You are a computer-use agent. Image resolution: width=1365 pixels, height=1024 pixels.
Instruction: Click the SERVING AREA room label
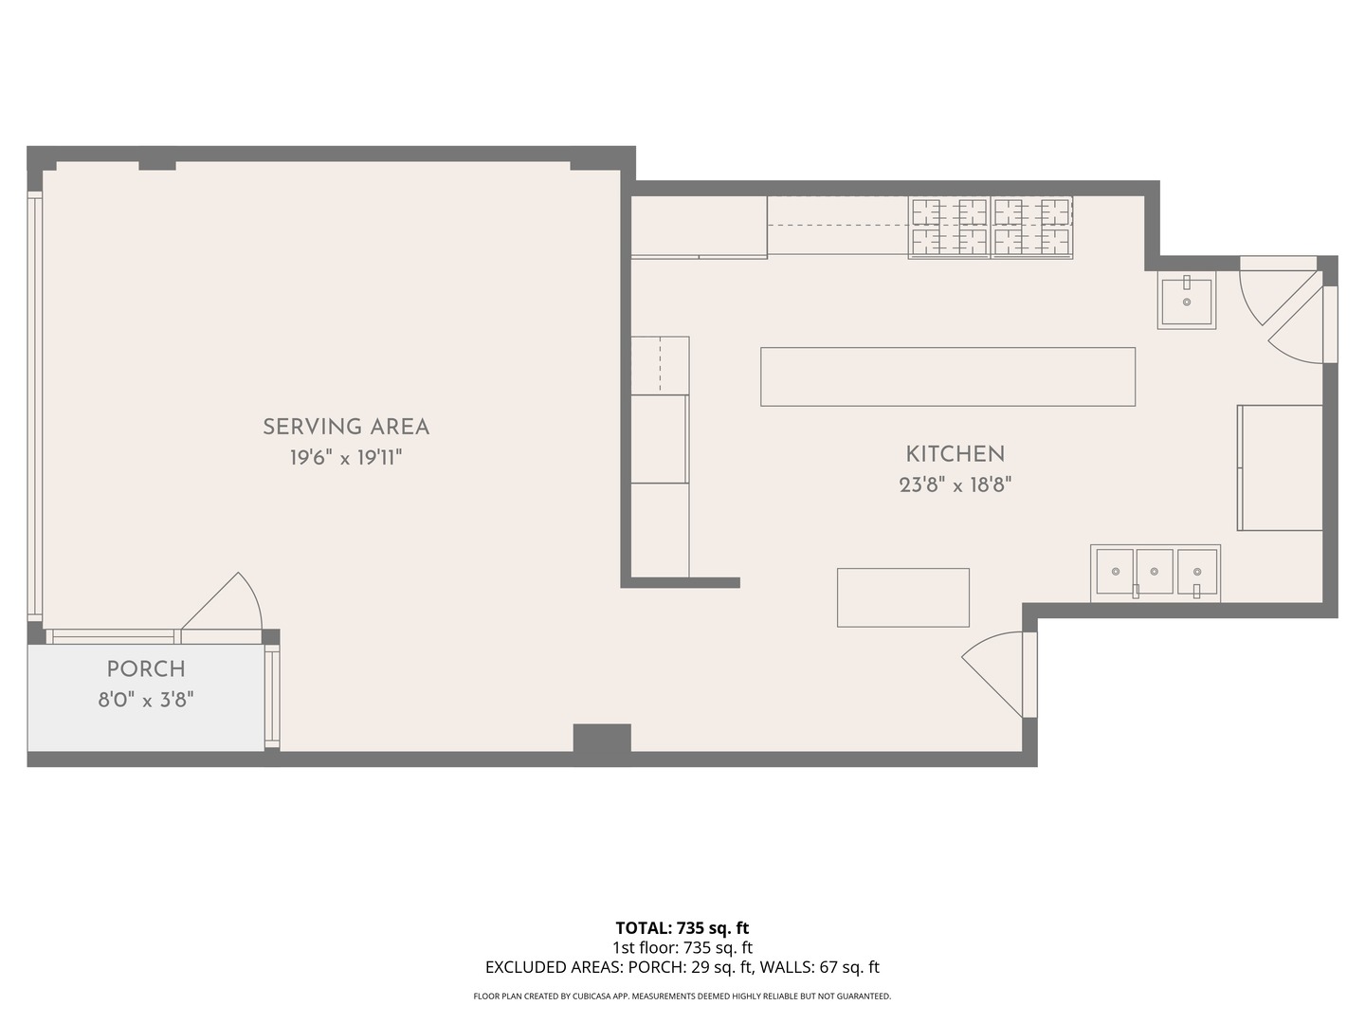(x=346, y=427)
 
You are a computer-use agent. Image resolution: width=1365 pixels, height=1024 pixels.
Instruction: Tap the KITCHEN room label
(x=955, y=454)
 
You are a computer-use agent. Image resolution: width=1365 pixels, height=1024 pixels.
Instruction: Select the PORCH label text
(x=146, y=669)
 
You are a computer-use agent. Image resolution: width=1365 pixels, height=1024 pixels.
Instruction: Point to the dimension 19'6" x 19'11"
(x=346, y=458)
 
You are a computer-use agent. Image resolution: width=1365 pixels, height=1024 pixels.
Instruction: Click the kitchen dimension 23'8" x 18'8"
(x=955, y=485)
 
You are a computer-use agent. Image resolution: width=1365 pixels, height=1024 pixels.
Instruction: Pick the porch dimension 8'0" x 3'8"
(x=146, y=700)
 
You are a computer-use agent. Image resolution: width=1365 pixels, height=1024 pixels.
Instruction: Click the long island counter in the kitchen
(x=948, y=376)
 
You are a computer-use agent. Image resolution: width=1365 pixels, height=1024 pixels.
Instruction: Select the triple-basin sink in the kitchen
(x=1156, y=574)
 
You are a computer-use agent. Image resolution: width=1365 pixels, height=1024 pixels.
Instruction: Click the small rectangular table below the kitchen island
(x=903, y=597)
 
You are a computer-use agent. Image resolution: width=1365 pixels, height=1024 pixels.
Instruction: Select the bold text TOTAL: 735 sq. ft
(x=682, y=928)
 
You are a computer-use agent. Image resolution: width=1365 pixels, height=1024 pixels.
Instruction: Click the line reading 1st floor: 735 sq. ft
(x=682, y=947)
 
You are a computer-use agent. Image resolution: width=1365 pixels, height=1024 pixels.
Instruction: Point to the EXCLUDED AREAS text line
(x=682, y=967)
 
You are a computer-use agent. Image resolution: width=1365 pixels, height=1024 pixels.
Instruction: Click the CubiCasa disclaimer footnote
(x=682, y=997)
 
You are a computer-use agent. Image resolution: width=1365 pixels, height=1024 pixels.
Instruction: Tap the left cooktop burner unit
(x=949, y=228)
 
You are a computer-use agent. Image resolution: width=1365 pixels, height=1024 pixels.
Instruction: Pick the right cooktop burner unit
(x=1031, y=228)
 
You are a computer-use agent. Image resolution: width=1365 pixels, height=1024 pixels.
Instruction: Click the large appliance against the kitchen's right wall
(x=1280, y=467)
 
